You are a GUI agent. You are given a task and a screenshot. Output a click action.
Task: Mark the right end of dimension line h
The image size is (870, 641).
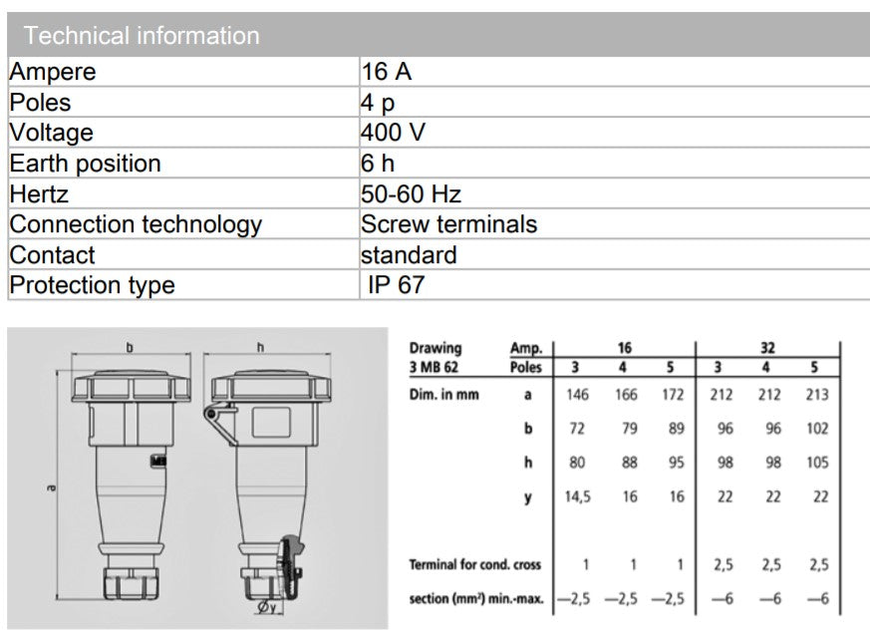pos(331,354)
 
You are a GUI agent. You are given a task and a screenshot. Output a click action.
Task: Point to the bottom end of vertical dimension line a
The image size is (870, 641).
pos(58,599)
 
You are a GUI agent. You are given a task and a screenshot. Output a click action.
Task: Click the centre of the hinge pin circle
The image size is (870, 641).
pos(210,414)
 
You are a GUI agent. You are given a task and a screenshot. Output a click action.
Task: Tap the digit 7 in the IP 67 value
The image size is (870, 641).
pos(418,285)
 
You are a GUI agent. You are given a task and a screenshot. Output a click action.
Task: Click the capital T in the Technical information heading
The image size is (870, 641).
pos(31,36)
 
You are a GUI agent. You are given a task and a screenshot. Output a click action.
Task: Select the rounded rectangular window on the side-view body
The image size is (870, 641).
pos(271,423)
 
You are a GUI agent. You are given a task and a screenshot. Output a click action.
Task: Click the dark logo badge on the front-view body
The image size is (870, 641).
pos(158,461)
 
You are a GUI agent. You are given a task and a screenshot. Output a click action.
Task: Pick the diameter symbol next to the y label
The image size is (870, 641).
pos(263,606)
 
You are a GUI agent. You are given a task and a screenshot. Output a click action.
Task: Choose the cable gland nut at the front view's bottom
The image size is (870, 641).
pos(132,583)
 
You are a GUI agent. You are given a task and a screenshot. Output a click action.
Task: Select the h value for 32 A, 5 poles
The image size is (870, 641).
pos(817,463)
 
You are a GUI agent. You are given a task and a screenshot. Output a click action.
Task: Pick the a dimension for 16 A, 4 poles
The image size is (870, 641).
pos(626,395)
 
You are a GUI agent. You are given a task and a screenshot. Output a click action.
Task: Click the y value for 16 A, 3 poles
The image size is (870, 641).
pos(578,496)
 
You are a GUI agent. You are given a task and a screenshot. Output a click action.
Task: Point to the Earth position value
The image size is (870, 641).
pos(378,163)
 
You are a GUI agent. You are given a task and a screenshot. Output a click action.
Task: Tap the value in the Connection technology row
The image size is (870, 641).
pos(448,224)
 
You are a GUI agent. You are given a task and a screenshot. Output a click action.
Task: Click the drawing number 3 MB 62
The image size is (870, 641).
pos(434,368)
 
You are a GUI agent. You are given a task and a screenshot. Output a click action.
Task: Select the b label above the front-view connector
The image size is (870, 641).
pos(130,348)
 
